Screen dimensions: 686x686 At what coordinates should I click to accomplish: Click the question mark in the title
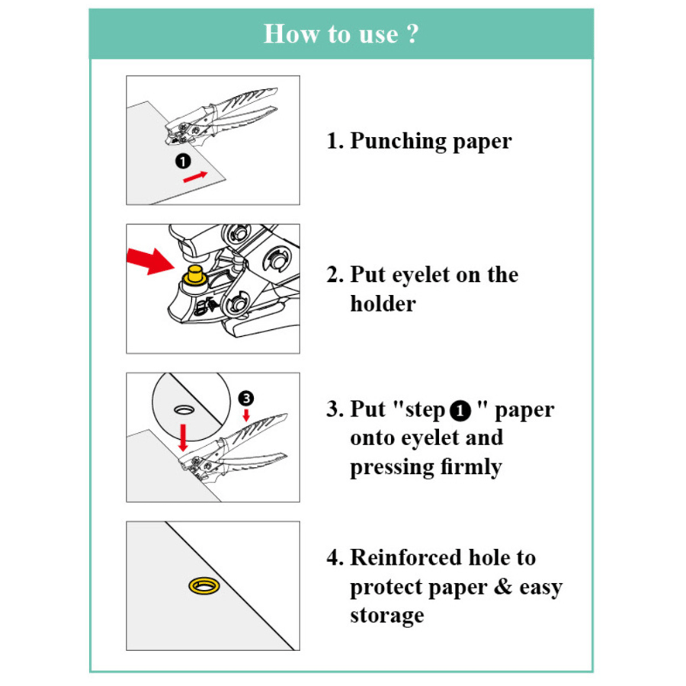tap(412, 34)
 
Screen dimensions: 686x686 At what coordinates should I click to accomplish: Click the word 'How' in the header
tap(291, 34)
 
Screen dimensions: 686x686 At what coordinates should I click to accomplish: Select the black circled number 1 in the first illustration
tap(183, 161)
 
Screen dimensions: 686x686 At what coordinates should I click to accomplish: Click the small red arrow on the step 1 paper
tap(195, 177)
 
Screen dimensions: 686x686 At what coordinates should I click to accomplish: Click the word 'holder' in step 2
tap(383, 303)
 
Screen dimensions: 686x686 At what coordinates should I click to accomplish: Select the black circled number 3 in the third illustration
tap(246, 398)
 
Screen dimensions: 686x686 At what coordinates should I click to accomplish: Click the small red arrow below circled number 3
tap(246, 415)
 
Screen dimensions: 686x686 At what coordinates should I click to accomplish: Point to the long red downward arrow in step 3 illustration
tap(183, 438)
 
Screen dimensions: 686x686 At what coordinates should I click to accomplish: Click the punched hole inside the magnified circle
tap(184, 409)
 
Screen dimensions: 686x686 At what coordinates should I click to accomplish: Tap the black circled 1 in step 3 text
tap(460, 412)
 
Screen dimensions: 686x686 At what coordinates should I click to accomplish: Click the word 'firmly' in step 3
tap(471, 466)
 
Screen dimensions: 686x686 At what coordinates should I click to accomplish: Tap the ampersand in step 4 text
tap(503, 587)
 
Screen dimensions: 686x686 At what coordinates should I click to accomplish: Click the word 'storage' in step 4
tap(386, 616)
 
